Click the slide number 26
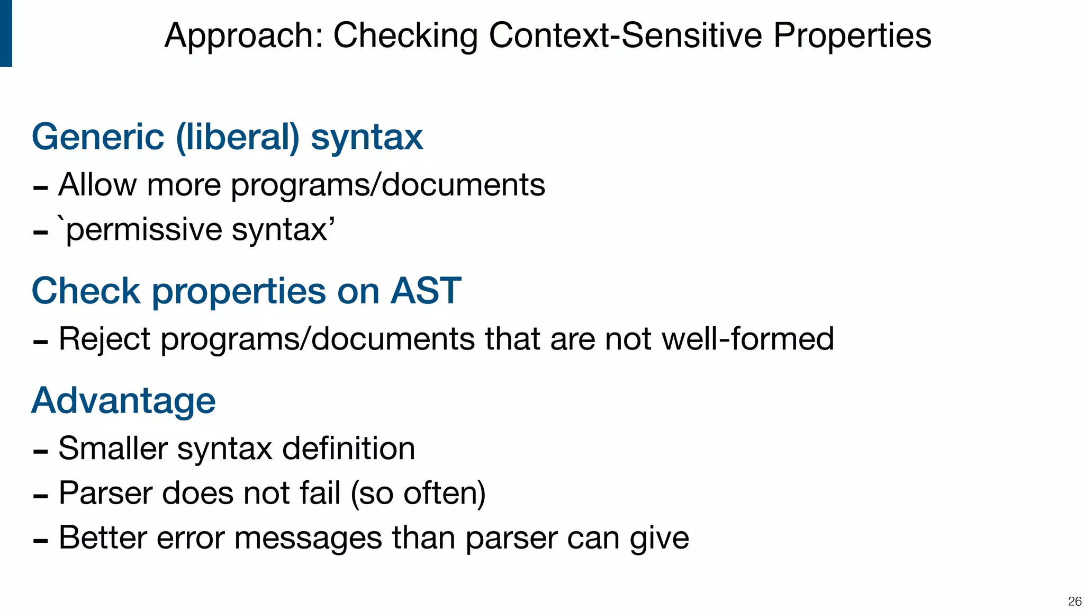click(x=1074, y=601)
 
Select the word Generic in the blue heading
click(x=98, y=137)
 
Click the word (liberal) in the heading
click(x=238, y=137)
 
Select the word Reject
click(x=104, y=339)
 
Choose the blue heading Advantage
click(x=124, y=401)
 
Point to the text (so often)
click(x=418, y=494)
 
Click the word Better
click(x=103, y=538)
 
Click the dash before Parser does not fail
click(x=40, y=496)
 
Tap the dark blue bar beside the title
click(x=6, y=33)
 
